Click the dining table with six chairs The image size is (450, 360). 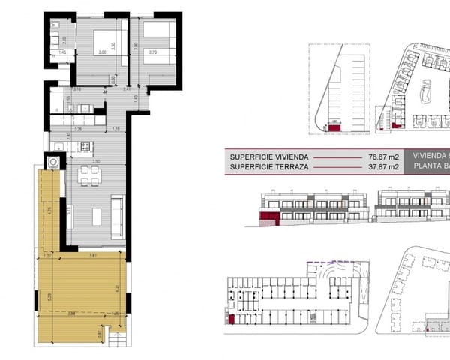tap(89, 175)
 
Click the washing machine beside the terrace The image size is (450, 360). tap(53, 162)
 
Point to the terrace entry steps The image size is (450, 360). tap(118, 340)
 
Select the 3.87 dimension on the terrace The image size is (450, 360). tap(92, 256)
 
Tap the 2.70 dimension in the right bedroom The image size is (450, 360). tap(152, 53)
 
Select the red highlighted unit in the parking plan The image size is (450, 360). tap(333, 128)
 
